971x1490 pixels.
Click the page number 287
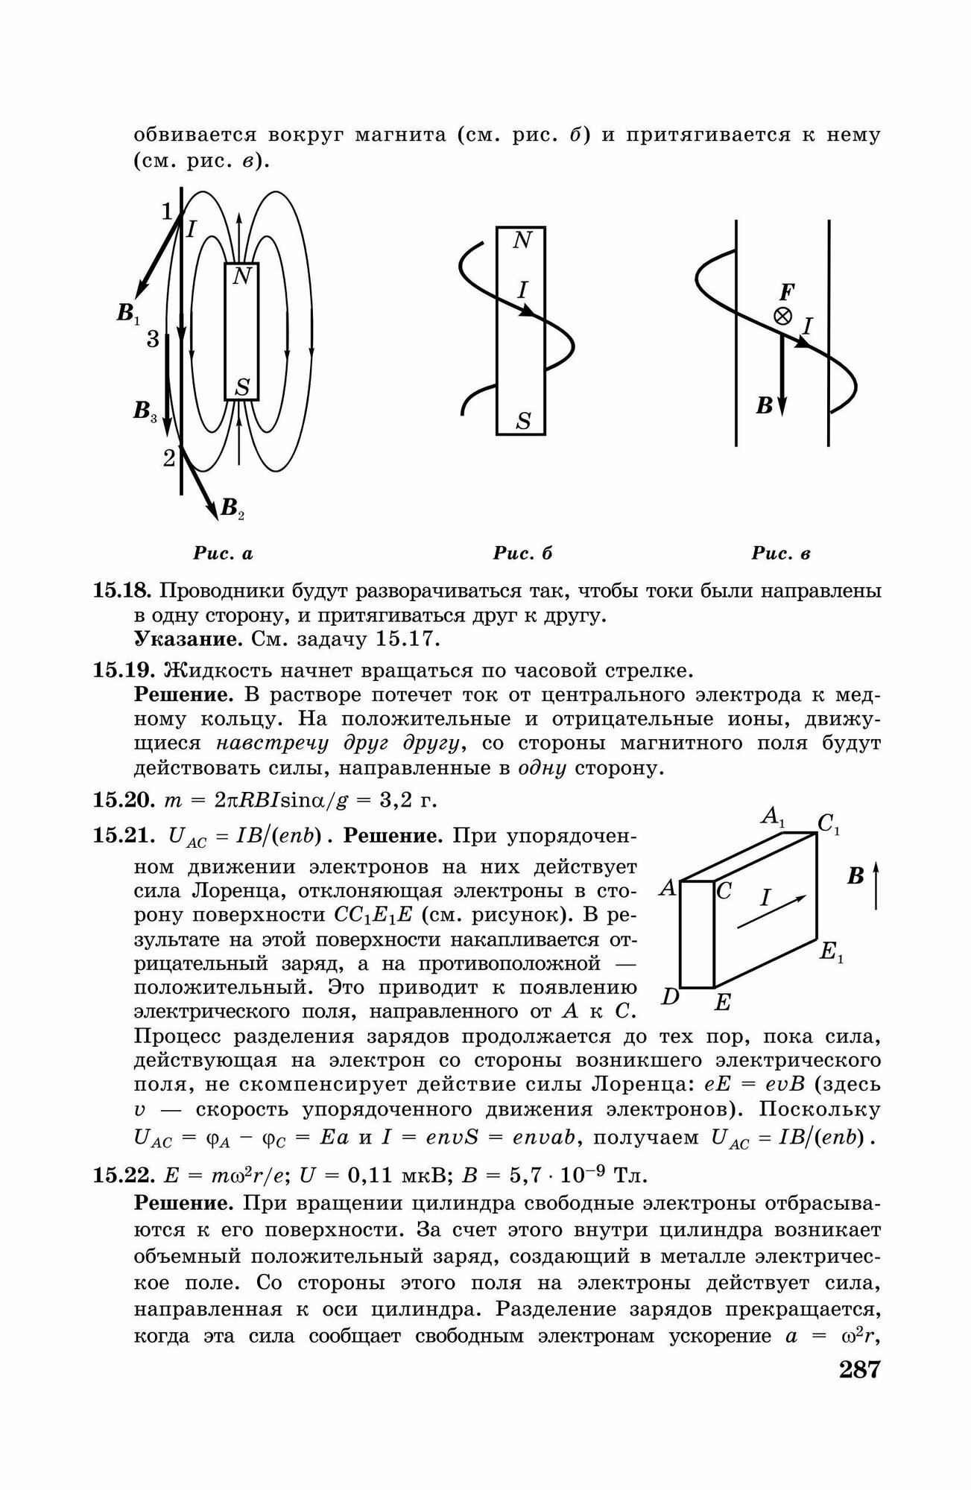tap(859, 1369)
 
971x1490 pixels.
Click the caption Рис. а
tap(223, 554)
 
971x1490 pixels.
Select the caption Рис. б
tap(522, 554)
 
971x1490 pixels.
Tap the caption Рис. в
tap(781, 554)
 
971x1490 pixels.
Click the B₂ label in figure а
tap(232, 510)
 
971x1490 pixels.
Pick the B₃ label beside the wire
tap(145, 411)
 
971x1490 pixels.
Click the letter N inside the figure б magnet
tap(523, 240)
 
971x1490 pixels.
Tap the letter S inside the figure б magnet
tap(523, 422)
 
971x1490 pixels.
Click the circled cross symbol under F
tap(782, 315)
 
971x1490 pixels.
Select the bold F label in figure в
tap(786, 291)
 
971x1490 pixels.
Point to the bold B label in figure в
tap(764, 406)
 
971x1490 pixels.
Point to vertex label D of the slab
tap(670, 996)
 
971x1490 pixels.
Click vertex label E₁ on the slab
tap(832, 952)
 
